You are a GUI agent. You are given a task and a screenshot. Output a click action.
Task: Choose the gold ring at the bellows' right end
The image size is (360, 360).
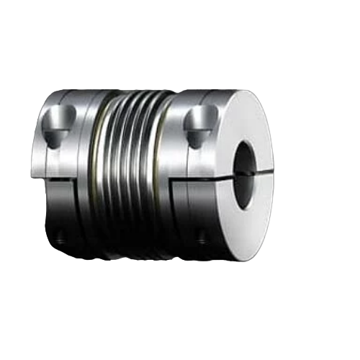pyautogui.click(x=171, y=173)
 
